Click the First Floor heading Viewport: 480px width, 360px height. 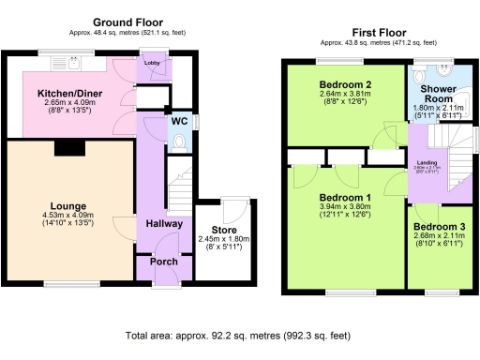click(x=379, y=31)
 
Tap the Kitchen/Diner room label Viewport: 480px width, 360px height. click(x=62, y=95)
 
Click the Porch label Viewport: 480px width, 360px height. click(x=164, y=262)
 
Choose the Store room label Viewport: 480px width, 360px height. click(x=224, y=231)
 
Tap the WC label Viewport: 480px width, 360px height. click(x=177, y=121)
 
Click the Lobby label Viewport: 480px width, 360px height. click(x=153, y=63)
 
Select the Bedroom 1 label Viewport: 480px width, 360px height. click(x=345, y=197)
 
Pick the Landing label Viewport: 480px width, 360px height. click(x=426, y=161)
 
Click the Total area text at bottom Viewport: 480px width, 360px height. click(x=237, y=335)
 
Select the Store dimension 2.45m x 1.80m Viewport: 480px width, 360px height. click(x=224, y=241)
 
